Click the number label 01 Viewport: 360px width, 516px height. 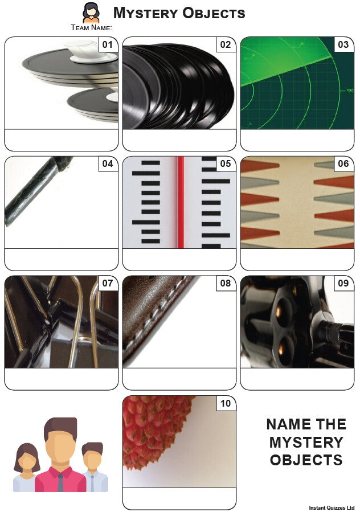coord(108,45)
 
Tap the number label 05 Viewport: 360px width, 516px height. coord(226,163)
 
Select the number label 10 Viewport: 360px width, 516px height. coord(226,403)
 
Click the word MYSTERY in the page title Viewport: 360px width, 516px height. coord(145,13)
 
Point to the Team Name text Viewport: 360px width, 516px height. coord(92,28)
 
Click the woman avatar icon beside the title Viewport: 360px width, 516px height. coord(91,13)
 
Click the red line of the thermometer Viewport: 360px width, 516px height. coord(181,202)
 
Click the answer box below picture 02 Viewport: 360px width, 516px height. coord(179,140)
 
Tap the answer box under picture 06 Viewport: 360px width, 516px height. coord(297,259)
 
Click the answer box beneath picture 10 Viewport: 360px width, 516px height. coord(179,498)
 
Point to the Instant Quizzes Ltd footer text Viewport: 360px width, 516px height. coord(332,508)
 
